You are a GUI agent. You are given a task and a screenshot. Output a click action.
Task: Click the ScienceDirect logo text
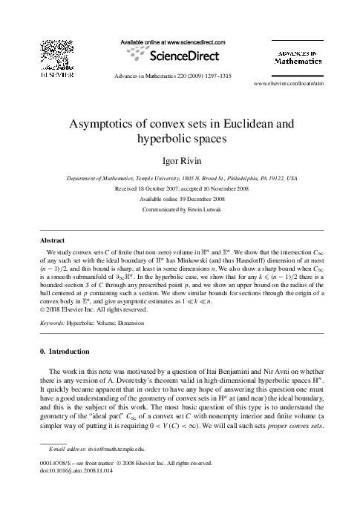coord(181,56)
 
